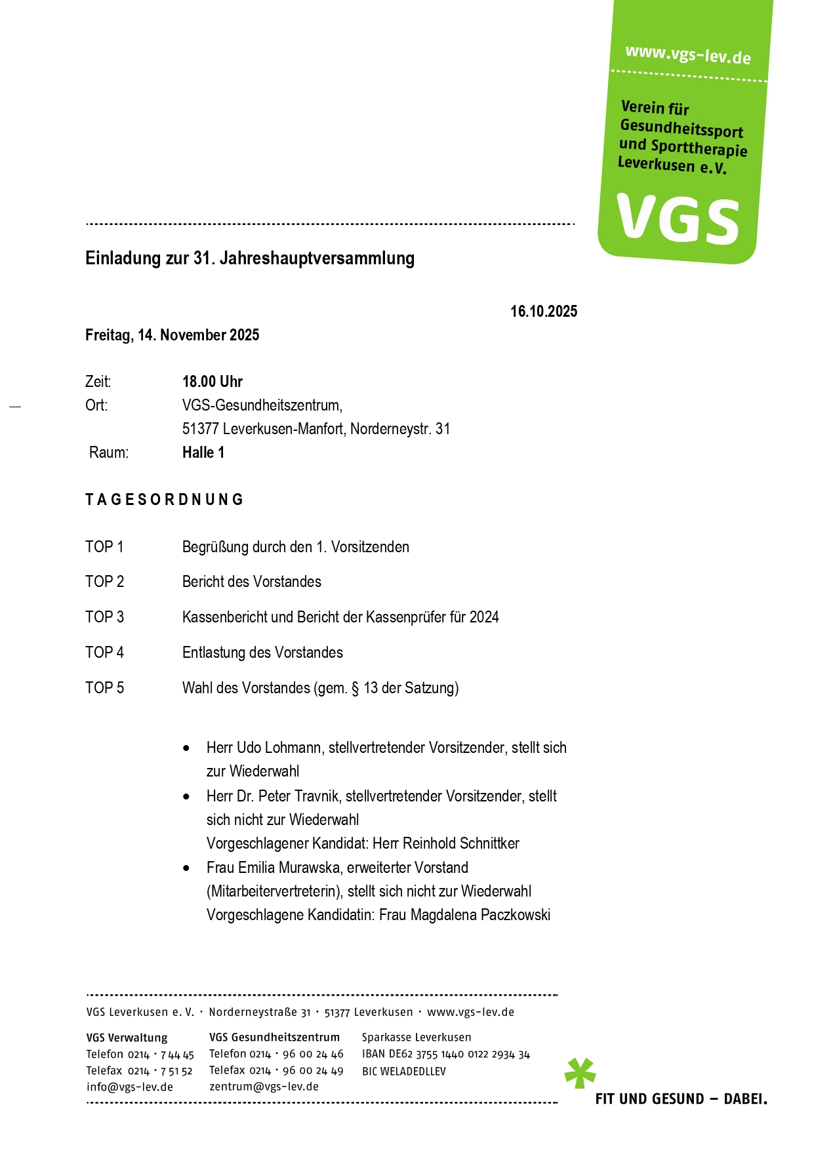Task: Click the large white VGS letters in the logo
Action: (x=678, y=219)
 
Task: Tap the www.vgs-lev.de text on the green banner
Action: (x=687, y=54)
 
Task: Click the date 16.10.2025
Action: (x=544, y=312)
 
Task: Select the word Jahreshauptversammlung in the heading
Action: (x=317, y=258)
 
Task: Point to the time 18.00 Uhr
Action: (x=213, y=382)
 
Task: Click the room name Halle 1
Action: (x=203, y=453)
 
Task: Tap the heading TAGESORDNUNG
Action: (x=165, y=500)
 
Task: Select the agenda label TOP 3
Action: (x=104, y=617)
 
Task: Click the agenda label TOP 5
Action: (x=104, y=688)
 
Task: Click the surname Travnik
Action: (x=317, y=796)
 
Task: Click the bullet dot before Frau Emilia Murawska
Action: (x=187, y=868)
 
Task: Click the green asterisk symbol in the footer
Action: (x=580, y=1073)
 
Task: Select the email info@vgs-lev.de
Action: (x=130, y=1087)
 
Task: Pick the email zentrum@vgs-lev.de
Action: (x=264, y=1087)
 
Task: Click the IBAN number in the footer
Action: (x=459, y=1055)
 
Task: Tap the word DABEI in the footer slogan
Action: (x=745, y=1099)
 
